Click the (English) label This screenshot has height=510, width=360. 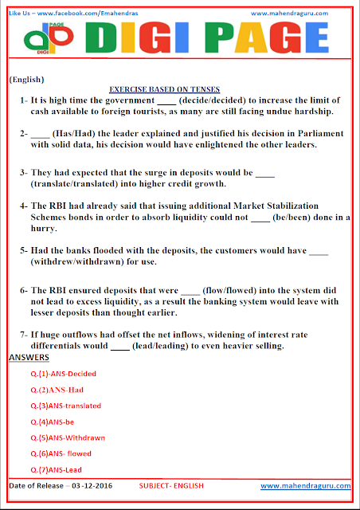(26, 80)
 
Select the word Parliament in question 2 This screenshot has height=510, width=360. (319, 134)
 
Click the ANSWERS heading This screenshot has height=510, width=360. (29, 357)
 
